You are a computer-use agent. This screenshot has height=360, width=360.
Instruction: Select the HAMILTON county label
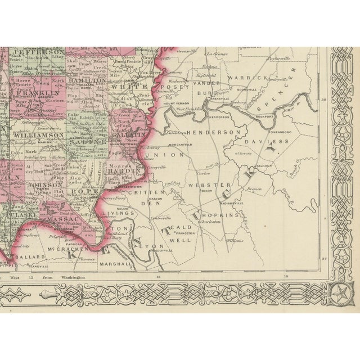88,81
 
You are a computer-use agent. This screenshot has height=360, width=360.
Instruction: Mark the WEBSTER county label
202,184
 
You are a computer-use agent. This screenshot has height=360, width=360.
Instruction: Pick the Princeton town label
184,231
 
